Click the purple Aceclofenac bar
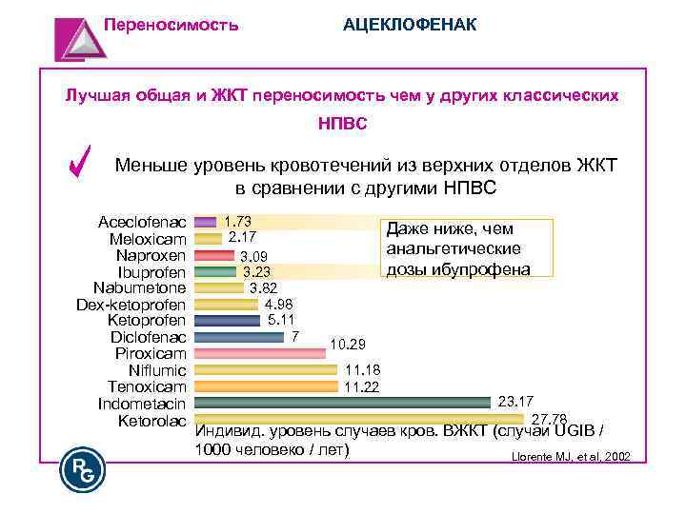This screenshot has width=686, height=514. [205, 222]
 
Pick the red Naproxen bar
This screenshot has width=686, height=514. [214, 255]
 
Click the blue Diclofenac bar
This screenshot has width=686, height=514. [238, 336]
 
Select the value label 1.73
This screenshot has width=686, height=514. [237, 221]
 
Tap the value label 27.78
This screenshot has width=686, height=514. [549, 419]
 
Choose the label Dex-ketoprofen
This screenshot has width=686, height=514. [131, 305]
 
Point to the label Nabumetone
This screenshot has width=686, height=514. [139, 288]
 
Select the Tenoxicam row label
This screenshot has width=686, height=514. [147, 386]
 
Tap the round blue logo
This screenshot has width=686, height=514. [82, 469]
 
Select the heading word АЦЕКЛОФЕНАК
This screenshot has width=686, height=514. [410, 23]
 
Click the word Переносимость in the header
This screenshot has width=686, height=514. [171, 23]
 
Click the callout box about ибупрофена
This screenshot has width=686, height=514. [466, 248]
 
